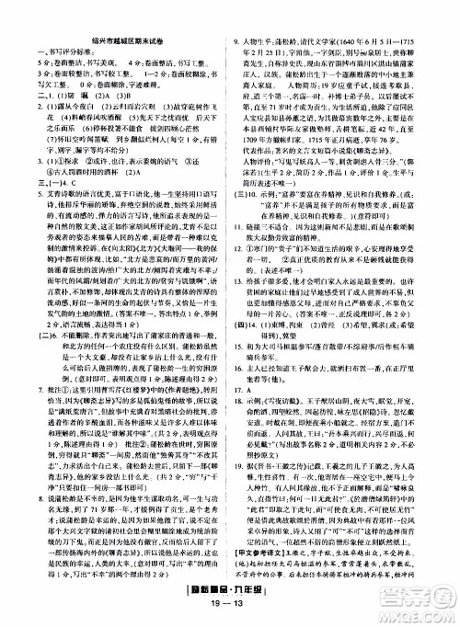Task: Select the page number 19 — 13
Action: tap(230, 617)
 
